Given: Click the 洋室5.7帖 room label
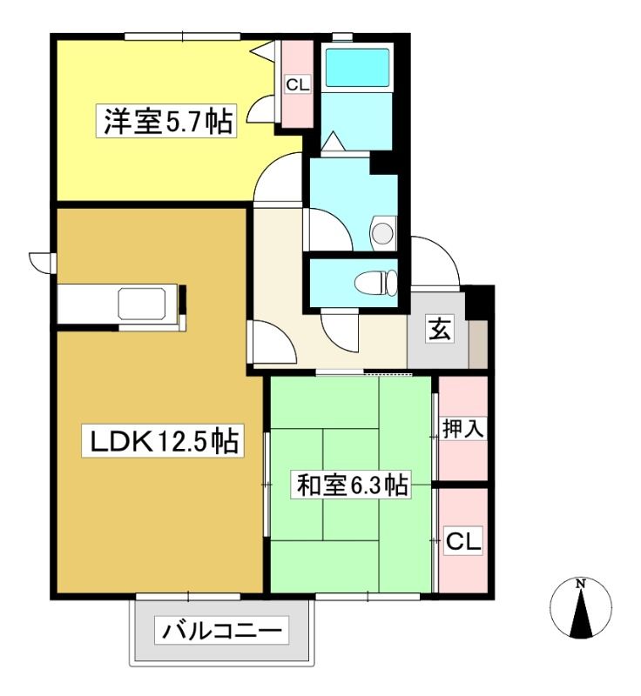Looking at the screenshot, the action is coord(167,121).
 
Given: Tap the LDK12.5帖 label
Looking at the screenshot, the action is coord(163,440).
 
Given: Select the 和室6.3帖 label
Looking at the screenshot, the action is coord(351,485).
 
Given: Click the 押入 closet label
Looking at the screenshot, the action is coord(462,429).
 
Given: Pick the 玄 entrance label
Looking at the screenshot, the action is coord(440,329).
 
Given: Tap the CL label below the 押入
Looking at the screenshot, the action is coord(462,540).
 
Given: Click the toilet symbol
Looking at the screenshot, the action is coord(376,282).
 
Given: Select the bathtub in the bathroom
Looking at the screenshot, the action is coord(358,68).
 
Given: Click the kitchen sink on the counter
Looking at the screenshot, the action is coord(142,303).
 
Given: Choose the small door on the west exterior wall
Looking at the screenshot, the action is coord(42,263).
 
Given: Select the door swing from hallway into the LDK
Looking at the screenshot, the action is coord(272,342).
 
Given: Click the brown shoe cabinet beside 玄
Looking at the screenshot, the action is coord(478,344).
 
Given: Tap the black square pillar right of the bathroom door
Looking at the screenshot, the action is coord(383,163).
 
